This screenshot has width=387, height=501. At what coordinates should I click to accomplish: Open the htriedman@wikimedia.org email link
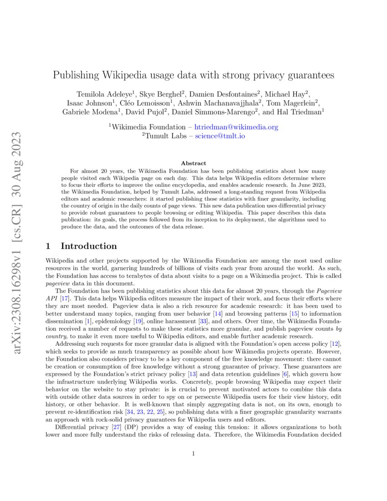click(236, 127)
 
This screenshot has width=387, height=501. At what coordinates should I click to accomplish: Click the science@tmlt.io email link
click(220, 136)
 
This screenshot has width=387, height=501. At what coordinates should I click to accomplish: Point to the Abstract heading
click(193, 163)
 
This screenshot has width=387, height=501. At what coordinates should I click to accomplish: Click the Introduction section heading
click(89, 246)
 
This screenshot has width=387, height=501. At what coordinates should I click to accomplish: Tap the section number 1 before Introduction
click(49, 246)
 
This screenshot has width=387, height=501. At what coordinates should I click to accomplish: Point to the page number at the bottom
click(193, 453)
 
